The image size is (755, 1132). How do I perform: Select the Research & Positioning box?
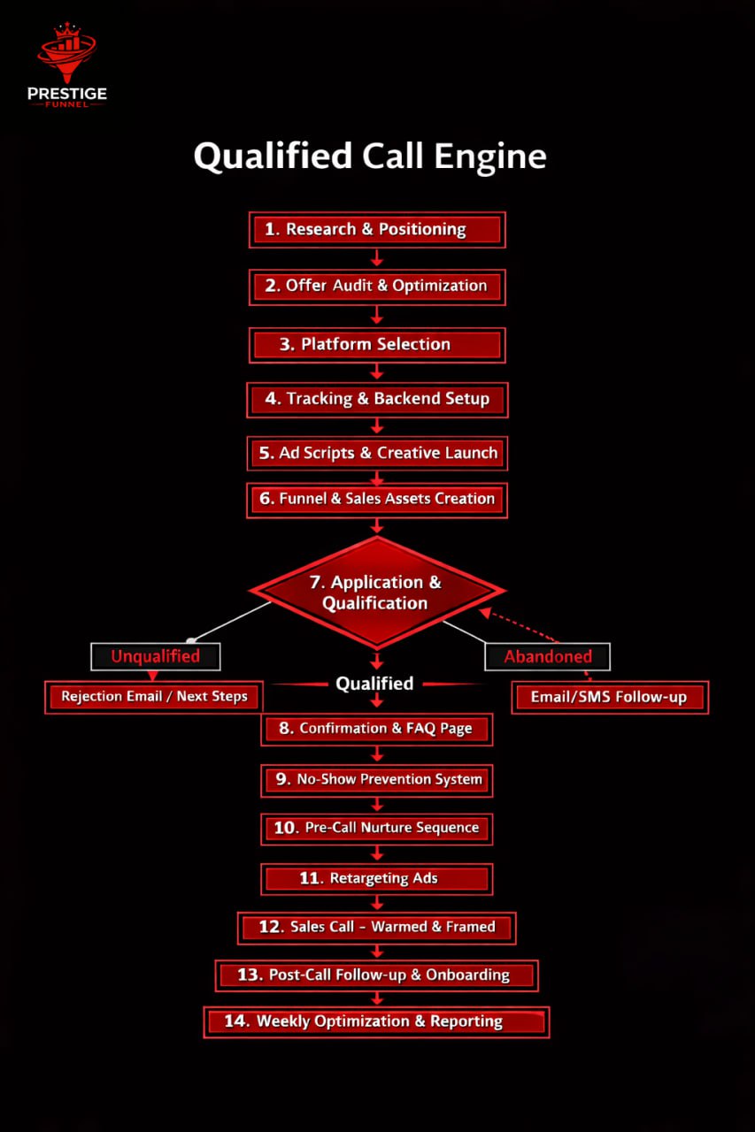(x=376, y=229)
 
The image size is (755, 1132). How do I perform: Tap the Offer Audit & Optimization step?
(x=376, y=286)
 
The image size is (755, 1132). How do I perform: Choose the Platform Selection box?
(x=376, y=344)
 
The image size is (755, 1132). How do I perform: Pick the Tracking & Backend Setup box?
(x=376, y=399)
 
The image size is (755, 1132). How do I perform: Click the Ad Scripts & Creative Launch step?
(x=376, y=453)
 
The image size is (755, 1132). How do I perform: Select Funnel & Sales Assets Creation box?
(x=376, y=499)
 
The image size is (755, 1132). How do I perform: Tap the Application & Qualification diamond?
(x=376, y=592)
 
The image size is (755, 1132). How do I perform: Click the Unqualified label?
(x=155, y=656)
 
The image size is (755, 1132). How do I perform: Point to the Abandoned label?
(x=547, y=656)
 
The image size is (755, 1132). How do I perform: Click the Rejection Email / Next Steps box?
(x=154, y=696)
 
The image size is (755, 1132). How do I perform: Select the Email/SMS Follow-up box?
(x=609, y=697)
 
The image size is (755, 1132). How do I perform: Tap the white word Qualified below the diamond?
(x=374, y=683)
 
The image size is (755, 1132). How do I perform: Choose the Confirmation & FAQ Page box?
(x=376, y=729)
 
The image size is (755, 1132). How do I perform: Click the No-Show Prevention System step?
(x=376, y=779)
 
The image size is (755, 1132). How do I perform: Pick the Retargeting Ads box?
(x=376, y=878)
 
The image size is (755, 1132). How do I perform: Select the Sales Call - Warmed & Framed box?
(x=376, y=927)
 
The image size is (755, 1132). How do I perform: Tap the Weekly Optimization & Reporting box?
(x=376, y=1021)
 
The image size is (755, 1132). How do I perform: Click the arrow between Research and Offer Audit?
(x=376, y=257)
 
